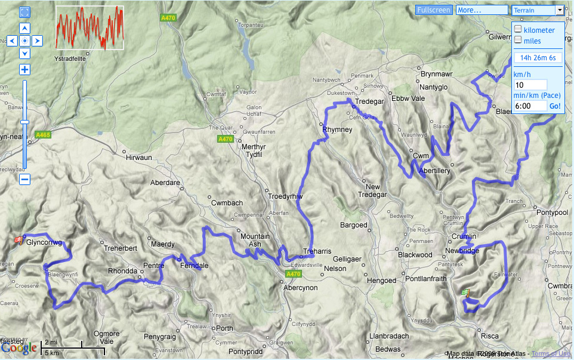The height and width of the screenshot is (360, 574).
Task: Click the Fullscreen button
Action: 434,10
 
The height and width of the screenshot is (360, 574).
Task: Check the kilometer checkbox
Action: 518,29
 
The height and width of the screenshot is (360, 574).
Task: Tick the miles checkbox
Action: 518,40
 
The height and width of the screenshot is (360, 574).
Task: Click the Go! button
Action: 555,106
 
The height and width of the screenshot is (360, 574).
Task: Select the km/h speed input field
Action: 530,85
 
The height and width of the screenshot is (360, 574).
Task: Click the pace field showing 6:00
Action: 530,106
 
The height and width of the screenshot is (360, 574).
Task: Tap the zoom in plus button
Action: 24,69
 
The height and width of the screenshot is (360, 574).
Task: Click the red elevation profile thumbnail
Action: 90,28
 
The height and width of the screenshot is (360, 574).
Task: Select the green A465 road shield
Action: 43,135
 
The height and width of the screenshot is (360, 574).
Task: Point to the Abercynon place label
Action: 300,287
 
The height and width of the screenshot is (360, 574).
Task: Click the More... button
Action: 481,10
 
